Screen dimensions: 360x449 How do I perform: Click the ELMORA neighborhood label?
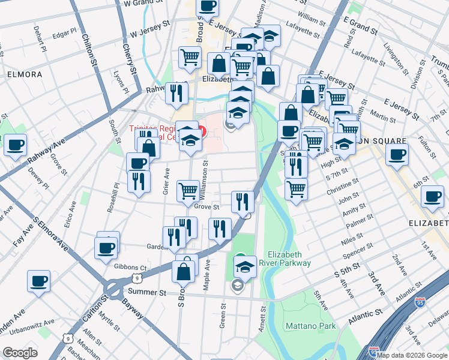(25, 74)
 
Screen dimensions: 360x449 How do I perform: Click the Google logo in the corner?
(20, 353)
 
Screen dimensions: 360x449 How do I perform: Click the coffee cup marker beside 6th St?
(432, 196)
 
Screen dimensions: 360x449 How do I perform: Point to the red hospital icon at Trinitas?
(203, 130)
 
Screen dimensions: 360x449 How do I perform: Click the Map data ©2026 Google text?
(412, 355)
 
